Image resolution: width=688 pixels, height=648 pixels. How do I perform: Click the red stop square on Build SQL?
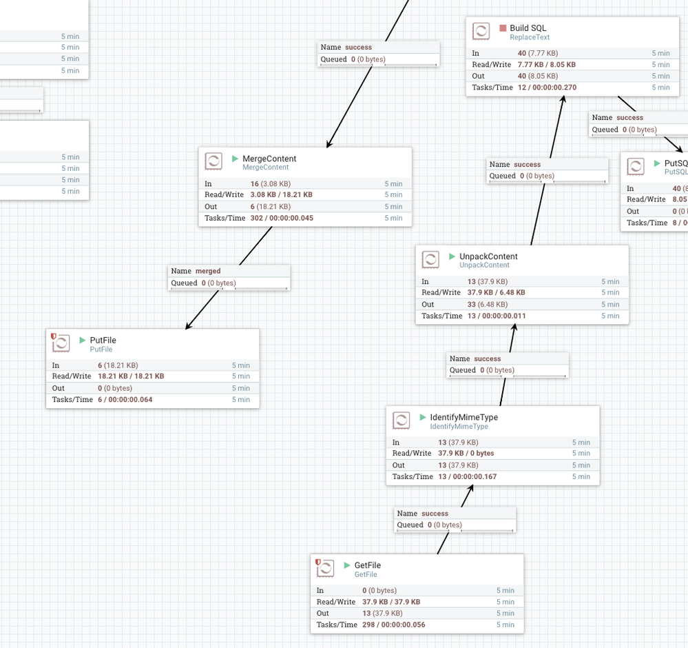503,28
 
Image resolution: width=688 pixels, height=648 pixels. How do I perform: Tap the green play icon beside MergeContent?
236,159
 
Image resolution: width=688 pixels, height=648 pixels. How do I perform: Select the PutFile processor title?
103,341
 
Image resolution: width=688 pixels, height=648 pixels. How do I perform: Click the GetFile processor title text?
367,565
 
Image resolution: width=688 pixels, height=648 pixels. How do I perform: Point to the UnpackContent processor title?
488,256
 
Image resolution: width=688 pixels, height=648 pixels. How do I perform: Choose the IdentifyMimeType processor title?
463,417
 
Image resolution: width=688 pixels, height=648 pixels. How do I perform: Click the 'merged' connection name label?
208,271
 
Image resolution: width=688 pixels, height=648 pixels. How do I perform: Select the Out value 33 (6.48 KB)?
478,304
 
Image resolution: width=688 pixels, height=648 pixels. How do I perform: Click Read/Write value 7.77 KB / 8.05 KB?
546,64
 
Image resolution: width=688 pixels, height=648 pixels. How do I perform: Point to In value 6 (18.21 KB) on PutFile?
118,365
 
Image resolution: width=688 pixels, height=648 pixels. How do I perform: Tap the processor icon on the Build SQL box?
481,32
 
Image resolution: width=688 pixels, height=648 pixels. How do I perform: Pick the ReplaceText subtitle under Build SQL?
530,37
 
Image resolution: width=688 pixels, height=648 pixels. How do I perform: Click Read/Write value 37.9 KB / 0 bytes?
466,453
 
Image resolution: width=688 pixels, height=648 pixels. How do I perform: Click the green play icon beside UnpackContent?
452,256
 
